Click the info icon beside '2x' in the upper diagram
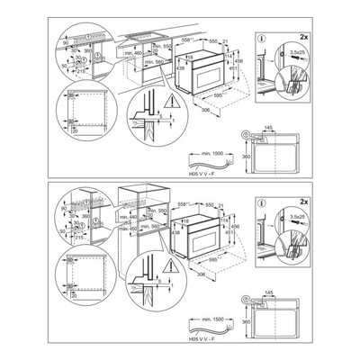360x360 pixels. point(260,39)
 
